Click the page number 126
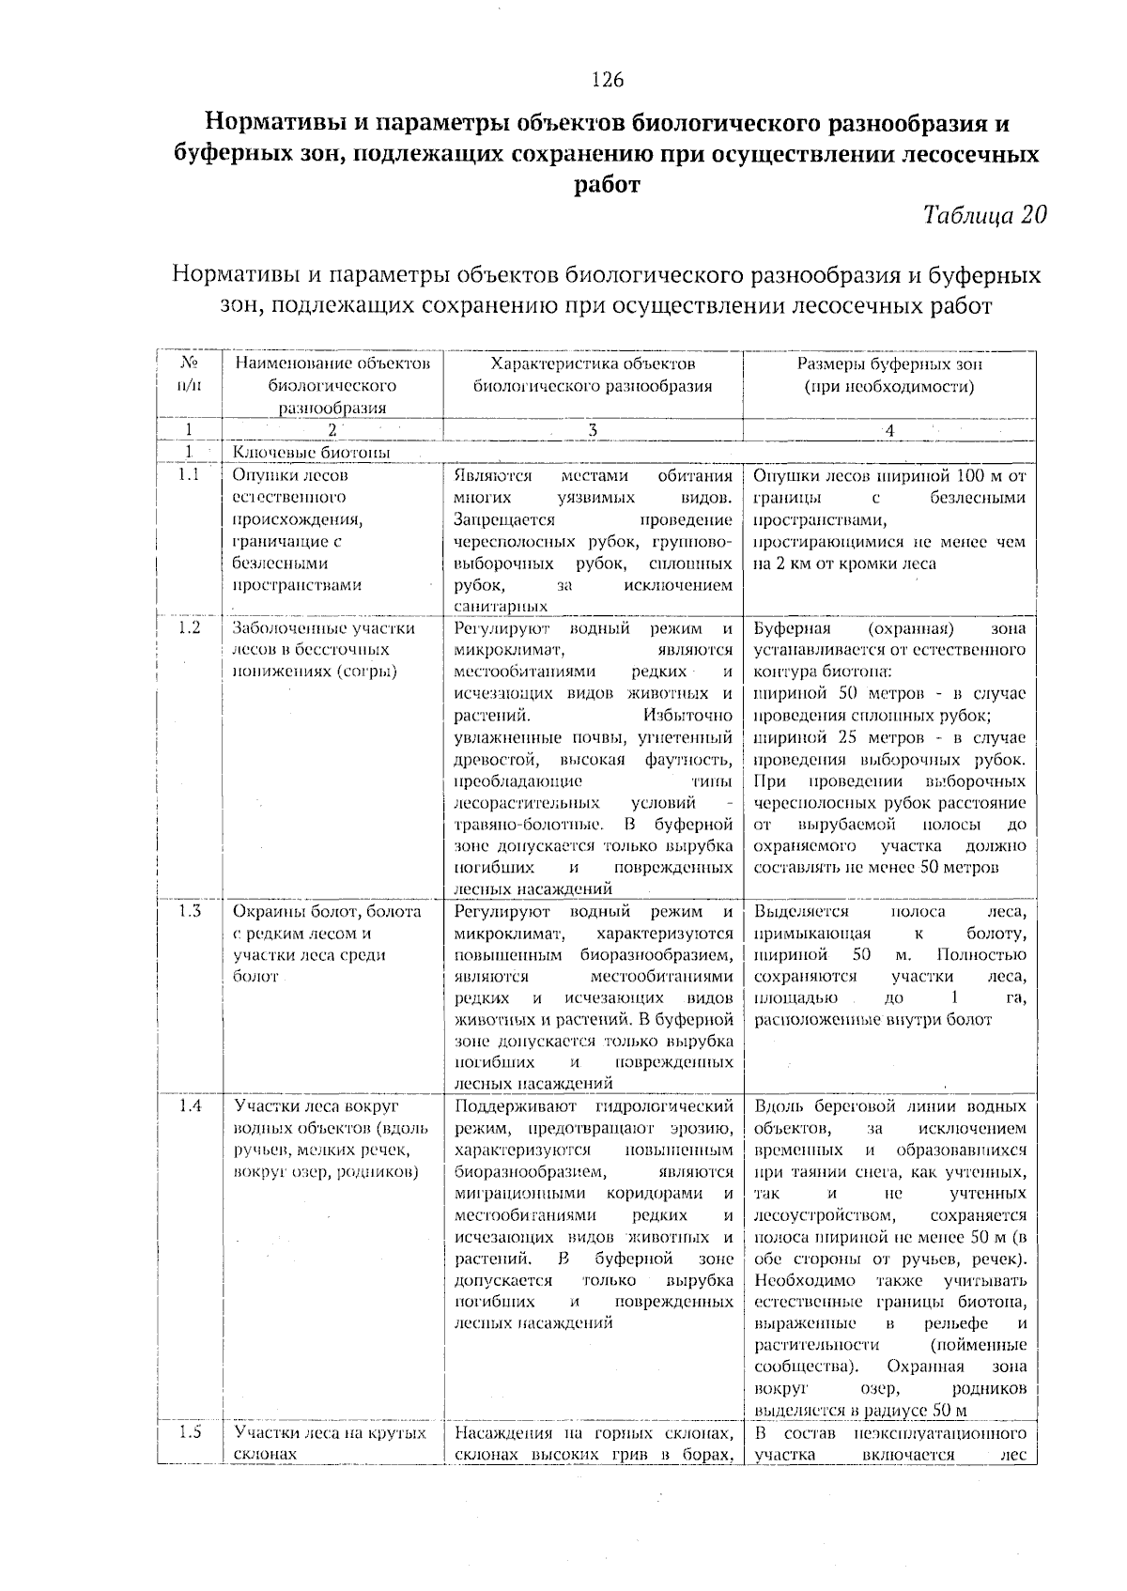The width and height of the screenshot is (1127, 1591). pos(608,80)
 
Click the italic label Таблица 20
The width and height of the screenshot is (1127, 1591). pos(984,215)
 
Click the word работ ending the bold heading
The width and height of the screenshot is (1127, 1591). pos(607,185)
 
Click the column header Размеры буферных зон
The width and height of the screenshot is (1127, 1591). pos(889,364)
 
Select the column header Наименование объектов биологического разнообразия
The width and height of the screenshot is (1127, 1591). pos(332,385)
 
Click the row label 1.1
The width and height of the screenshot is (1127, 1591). pos(189,475)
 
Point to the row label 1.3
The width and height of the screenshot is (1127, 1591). pos(189,912)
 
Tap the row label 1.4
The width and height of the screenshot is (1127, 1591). pos(189,1106)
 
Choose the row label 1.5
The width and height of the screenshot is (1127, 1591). pos(189,1433)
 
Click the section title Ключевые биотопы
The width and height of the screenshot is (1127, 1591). pos(311,453)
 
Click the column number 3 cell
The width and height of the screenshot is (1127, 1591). pos(593,430)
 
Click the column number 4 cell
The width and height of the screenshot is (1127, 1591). pos(889,430)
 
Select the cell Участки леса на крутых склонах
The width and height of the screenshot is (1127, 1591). pos(331,1444)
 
